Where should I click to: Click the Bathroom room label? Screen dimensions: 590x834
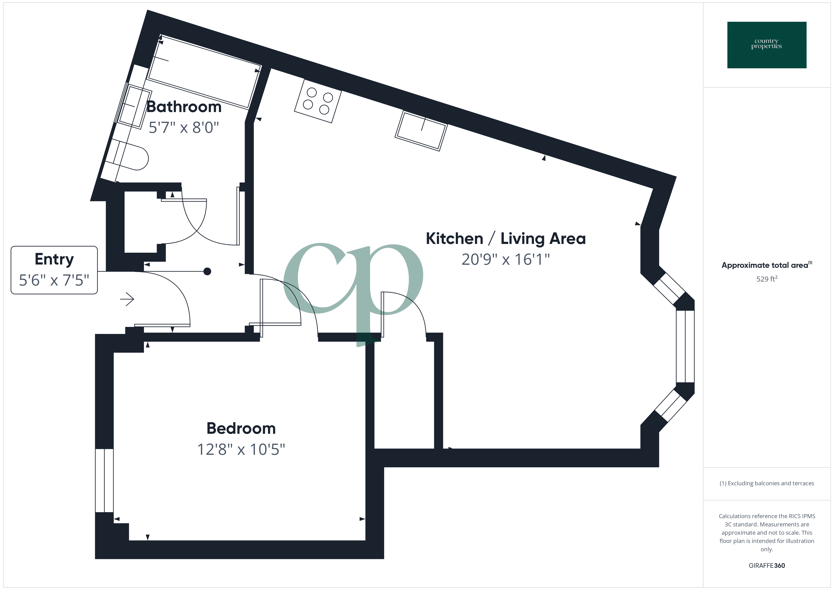point(184,107)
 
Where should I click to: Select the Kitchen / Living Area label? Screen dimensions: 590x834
point(506,239)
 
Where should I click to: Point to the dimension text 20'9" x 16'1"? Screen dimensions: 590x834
point(506,259)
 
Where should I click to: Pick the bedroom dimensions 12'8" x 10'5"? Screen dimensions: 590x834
point(241,449)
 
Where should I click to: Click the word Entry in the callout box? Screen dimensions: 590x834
point(54,259)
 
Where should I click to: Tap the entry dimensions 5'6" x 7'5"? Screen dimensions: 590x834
point(54,280)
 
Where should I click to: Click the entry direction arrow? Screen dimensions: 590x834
point(127,299)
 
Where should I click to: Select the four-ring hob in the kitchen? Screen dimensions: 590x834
point(318,101)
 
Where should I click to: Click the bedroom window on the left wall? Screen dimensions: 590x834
point(104,480)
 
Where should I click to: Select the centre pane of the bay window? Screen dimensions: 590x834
point(685,346)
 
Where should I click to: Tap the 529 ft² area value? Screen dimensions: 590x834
point(766,279)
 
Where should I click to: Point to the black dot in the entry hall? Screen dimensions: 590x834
point(207,271)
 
